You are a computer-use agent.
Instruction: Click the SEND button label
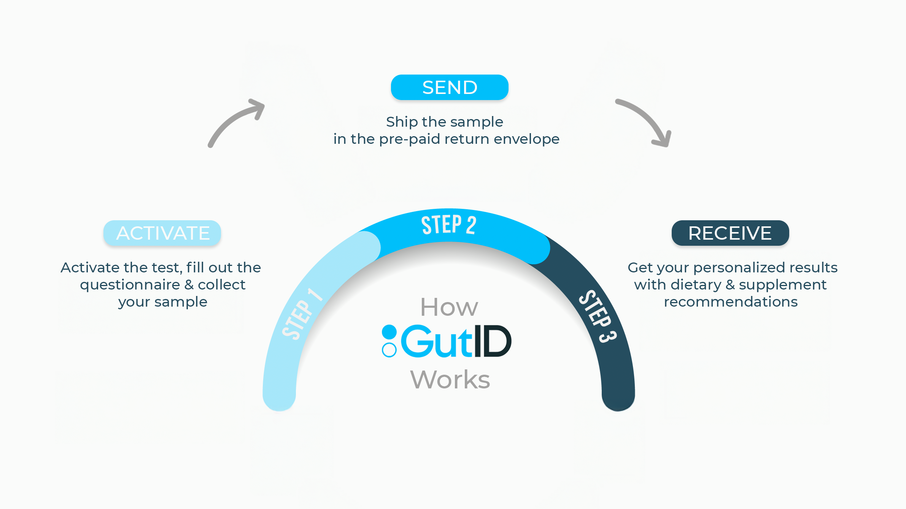(450, 87)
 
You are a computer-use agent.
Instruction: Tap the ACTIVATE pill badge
(162, 233)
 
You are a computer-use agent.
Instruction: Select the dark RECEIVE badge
(730, 233)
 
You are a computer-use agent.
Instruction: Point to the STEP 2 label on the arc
(449, 225)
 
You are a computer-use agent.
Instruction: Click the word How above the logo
(449, 307)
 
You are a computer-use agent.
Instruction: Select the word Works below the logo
(450, 379)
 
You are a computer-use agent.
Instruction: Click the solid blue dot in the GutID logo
(389, 332)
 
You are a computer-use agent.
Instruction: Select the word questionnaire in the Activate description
(130, 285)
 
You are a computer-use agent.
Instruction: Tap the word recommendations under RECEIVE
(730, 302)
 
